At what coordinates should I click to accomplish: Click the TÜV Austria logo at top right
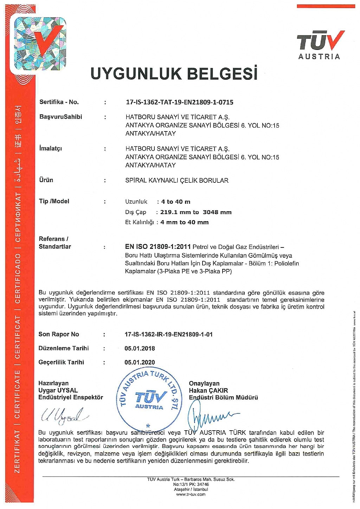pos(319,45)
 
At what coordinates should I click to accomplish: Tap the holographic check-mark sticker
pos(40,43)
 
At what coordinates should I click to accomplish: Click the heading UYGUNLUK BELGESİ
pos(174,73)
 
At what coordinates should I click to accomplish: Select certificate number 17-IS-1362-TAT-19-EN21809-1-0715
pos(179,102)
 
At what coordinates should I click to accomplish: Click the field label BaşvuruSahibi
pos(60,117)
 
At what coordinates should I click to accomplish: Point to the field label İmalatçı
pos(51,148)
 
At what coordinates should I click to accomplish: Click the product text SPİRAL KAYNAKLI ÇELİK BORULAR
pos(177,180)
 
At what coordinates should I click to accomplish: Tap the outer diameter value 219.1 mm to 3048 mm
pos(196,212)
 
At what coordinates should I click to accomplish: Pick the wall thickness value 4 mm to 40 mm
pos(185,223)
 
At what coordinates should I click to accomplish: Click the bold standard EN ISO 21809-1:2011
pos(158,247)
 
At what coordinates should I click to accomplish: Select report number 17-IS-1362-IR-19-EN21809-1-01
pos(169,334)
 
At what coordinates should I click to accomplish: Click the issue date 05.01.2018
pos(140,348)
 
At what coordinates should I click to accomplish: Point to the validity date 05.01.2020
pos(140,362)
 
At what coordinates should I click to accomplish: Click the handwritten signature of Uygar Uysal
pos(63,415)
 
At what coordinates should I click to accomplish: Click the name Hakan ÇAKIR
pos(208,391)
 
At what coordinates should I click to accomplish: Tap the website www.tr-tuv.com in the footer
pos(191,494)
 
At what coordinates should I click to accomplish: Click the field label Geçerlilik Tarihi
pos(61,362)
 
